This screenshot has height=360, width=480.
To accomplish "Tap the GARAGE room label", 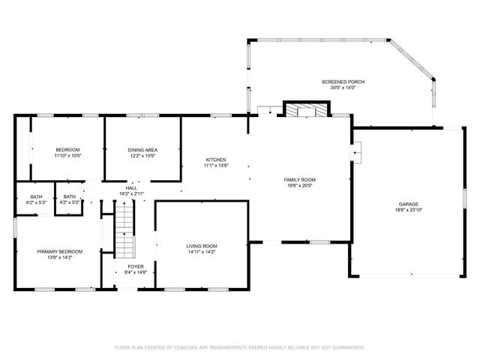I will (x=408, y=204).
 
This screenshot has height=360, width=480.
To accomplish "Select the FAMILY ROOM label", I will (x=299, y=179).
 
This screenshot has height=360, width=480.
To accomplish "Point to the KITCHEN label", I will (x=216, y=160).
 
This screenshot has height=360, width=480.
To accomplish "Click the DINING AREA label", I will (x=142, y=150).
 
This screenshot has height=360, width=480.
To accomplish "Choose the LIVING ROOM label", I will (x=202, y=246).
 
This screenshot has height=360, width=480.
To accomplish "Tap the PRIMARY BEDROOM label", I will (x=60, y=251).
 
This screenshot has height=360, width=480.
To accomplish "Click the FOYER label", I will (x=135, y=266).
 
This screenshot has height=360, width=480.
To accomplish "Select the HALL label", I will (x=131, y=188).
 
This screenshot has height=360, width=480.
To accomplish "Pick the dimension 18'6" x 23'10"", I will (x=408, y=210).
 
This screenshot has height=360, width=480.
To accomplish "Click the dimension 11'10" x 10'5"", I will (x=67, y=156).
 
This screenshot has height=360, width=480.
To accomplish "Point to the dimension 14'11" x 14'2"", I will (x=202, y=252).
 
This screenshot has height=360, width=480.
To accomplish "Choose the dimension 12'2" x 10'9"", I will (x=142, y=156).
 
